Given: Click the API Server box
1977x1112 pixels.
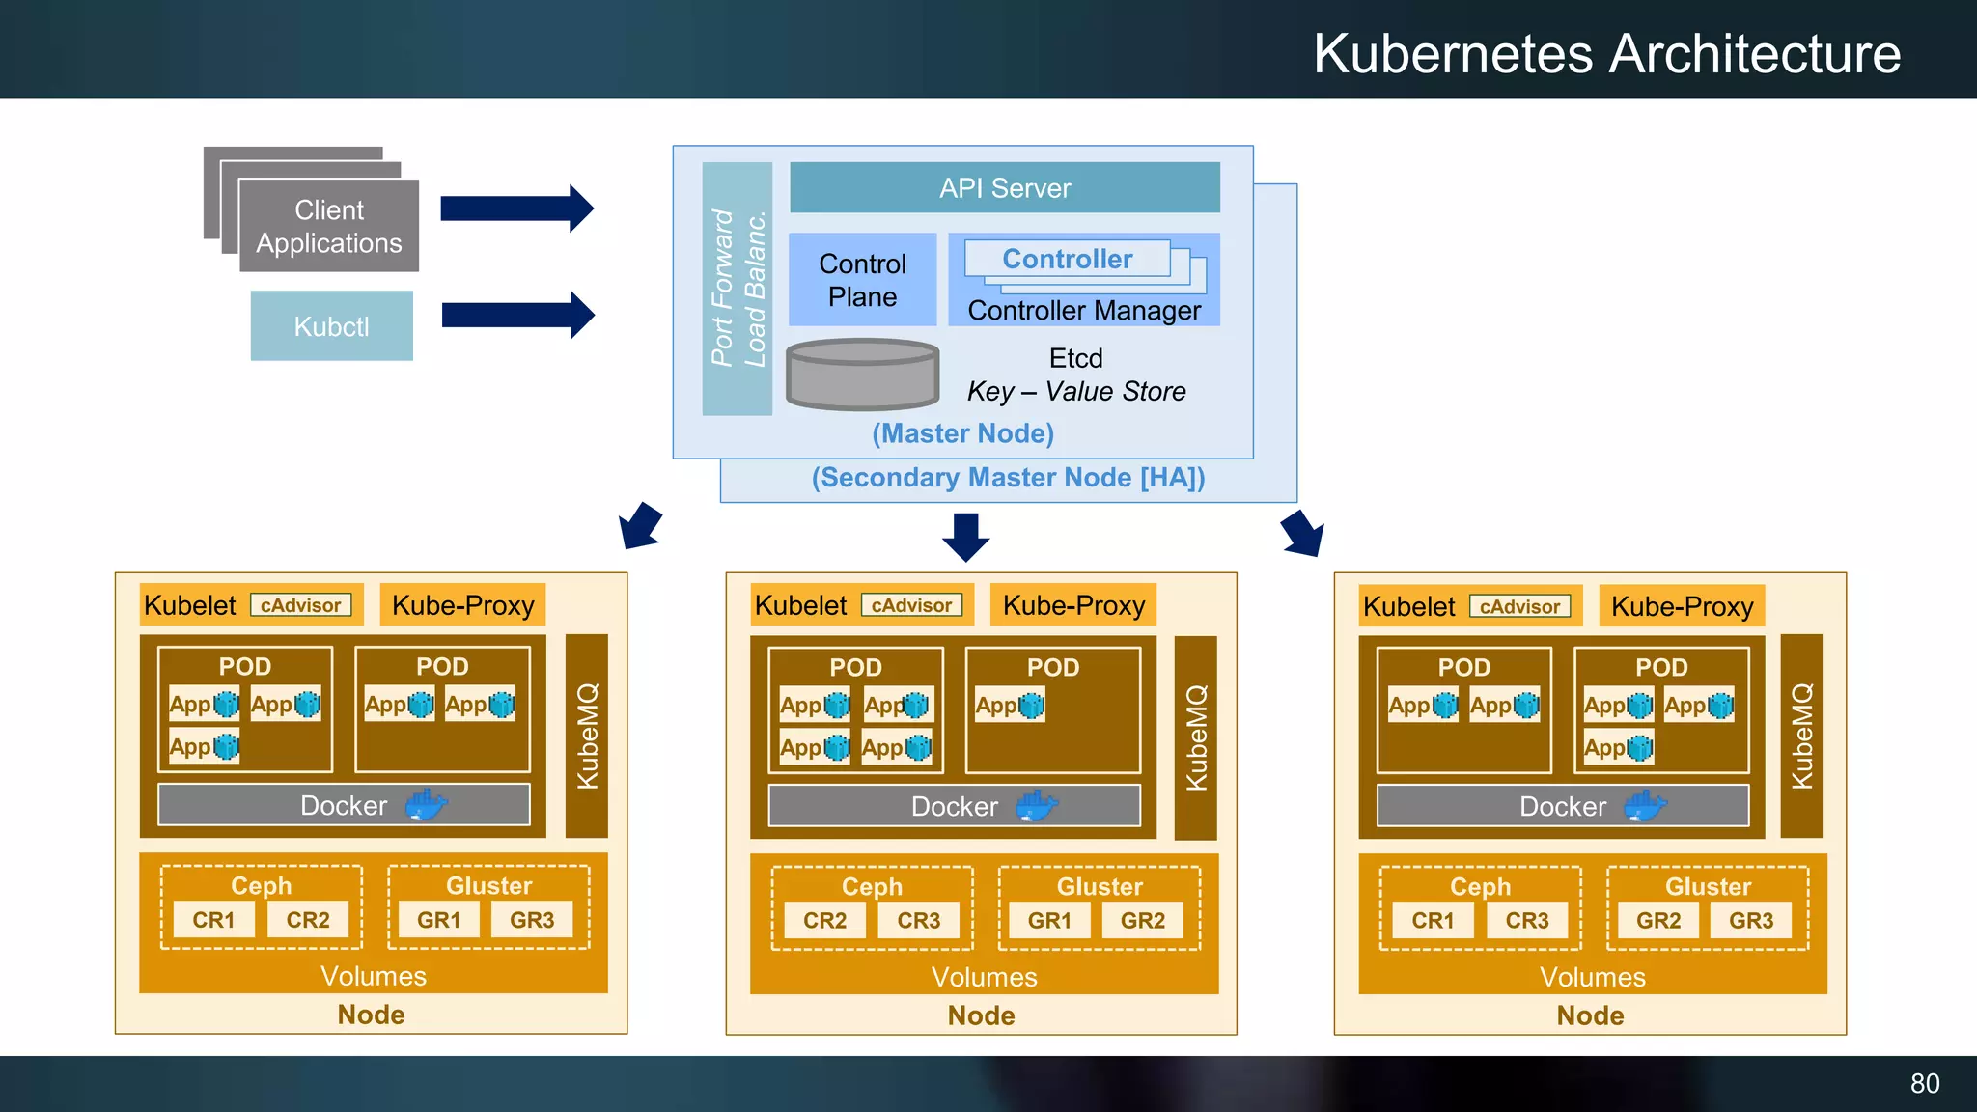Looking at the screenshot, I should point(1004,187).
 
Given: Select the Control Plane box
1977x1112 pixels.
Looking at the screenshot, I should point(862,280).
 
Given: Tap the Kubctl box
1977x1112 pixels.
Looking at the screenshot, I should point(331,326).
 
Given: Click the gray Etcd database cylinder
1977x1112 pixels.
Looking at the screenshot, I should point(862,375).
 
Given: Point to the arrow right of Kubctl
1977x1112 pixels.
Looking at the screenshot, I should point(517,315).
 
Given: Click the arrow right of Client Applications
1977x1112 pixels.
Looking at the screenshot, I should point(516,208).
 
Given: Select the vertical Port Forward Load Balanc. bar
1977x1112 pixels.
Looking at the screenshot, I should point(738,288).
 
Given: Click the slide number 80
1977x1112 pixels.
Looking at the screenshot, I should point(1924,1083).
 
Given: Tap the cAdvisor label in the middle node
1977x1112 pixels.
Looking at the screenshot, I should point(911,605).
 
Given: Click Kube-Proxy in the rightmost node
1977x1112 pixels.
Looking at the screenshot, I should point(1682,606).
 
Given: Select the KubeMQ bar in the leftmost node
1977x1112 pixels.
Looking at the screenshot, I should point(586,736).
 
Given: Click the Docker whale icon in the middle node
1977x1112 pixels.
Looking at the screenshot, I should point(1037,805).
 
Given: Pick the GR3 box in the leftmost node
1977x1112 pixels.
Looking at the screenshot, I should point(532,920).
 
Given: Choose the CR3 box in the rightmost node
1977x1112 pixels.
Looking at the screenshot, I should point(1526,921).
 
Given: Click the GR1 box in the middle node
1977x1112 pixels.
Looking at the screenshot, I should point(1049,921).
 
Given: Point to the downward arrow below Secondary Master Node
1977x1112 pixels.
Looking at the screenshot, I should point(965,537).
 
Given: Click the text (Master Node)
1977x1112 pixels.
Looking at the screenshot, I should point(962,433).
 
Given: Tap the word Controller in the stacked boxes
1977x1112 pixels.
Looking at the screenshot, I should point(1067,259).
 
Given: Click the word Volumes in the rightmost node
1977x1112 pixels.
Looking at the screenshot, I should point(1592,977).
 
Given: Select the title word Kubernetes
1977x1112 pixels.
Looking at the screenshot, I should point(1453,53).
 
